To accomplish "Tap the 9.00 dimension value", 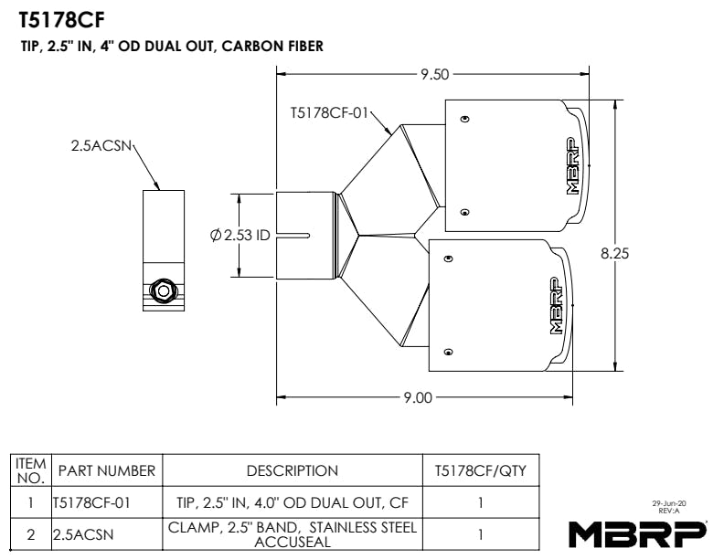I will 417,398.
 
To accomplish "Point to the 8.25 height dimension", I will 614,254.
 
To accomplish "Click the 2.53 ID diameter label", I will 240,235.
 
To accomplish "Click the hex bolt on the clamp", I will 163,291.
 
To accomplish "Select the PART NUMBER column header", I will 107,471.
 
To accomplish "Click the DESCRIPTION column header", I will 293,471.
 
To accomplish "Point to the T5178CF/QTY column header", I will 480,471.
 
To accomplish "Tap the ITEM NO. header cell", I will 31,471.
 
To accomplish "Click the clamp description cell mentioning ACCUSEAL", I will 293,533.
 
